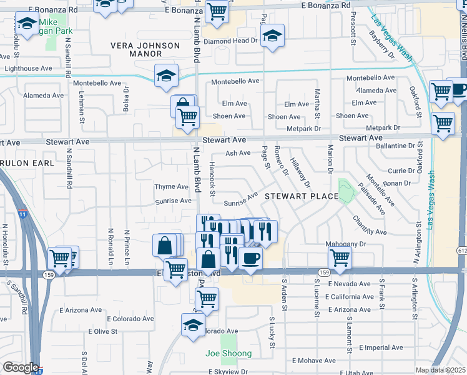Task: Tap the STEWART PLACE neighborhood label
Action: point(300,196)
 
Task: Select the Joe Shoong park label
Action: point(229,354)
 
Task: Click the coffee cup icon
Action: point(250,258)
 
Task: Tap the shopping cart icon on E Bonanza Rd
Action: point(217,11)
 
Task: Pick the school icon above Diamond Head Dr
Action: point(272,36)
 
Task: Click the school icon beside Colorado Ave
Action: point(193,325)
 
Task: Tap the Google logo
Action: point(21,367)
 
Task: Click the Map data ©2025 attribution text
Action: point(440,370)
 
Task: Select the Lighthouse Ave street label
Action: point(28,69)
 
